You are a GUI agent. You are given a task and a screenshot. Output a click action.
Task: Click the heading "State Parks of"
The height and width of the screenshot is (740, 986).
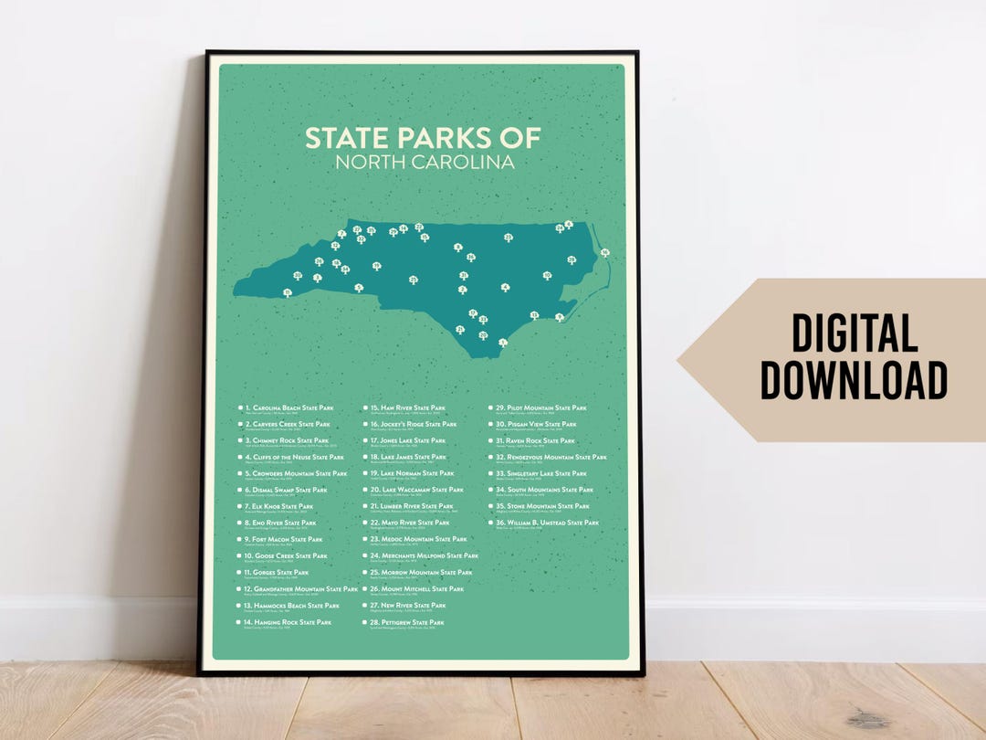point(423,138)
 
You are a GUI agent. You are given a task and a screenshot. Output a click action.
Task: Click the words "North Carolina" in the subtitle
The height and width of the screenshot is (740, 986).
point(424,163)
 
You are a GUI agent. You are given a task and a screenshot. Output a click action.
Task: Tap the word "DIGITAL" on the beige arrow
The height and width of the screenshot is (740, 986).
point(855,333)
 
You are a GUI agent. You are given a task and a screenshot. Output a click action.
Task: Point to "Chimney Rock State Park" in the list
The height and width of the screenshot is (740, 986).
point(290,440)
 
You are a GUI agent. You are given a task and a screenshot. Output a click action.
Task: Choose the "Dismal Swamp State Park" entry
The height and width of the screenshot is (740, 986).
point(289,490)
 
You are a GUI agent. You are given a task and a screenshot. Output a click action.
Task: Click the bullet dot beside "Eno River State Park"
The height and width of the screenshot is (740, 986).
point(240,523)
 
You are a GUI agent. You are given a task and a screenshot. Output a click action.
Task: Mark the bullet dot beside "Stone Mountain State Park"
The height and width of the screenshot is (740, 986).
point(490,506)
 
